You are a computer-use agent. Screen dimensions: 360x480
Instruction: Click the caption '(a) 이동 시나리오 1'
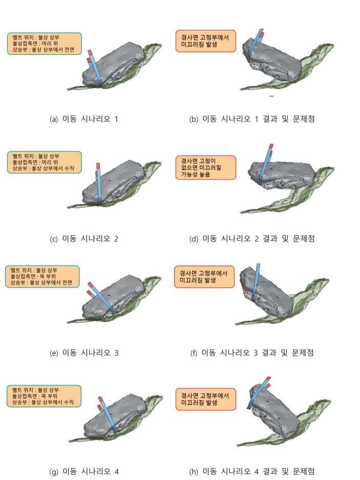point(83,119)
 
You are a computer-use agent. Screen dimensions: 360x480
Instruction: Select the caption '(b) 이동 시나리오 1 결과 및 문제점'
point(252,119)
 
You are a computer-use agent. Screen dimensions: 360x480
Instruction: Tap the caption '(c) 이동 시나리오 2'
point(84,239)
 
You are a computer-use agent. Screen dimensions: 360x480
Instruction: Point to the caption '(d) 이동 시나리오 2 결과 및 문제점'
point(252,239)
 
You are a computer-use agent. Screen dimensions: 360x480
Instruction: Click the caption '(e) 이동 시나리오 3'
point(84,353)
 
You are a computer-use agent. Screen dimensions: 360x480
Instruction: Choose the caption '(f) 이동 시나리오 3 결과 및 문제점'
point(252,353)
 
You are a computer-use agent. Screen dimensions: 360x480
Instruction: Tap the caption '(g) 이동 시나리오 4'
point(84,471)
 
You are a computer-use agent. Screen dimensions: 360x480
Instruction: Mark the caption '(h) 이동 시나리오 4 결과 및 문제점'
point(252,471)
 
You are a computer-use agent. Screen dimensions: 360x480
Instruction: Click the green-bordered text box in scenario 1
point(45,43)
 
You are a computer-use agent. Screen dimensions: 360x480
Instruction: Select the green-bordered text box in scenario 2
point(45,162)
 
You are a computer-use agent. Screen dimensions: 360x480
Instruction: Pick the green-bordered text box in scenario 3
point(43,276)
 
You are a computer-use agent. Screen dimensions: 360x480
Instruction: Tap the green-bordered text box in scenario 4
point(44,396)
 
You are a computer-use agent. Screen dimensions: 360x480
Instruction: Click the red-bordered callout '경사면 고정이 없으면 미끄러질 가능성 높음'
point(206,167)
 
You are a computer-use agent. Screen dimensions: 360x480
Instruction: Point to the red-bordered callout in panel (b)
point(205,41)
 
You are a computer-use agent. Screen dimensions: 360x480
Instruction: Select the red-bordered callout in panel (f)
point(204,277)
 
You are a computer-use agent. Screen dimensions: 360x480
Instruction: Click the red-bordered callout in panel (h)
point(206,399)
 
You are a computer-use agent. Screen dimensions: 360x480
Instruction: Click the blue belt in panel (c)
point(99,184)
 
